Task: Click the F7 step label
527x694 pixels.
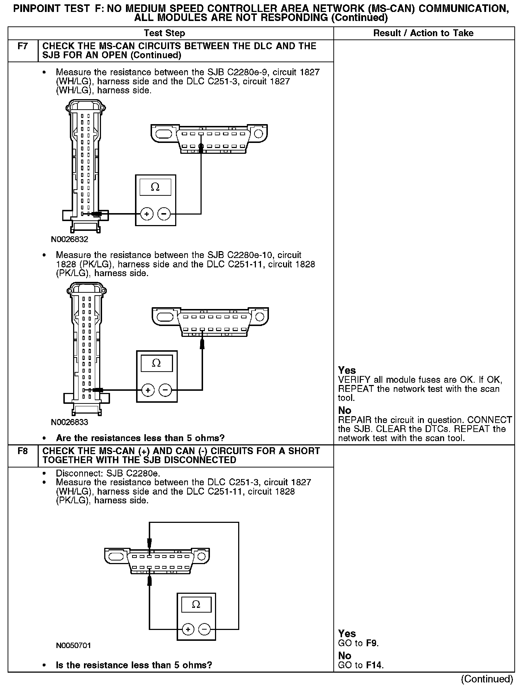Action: click(22, 46)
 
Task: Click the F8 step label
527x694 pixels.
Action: click(22, 451)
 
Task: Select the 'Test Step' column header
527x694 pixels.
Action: click(164, 33)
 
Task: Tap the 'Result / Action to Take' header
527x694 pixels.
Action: click(423, 33)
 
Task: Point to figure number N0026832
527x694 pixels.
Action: click(69, 240)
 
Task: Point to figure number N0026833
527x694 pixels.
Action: click(69, 422)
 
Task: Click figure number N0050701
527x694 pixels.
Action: click(73, 646)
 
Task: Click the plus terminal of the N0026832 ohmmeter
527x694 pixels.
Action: click(147, 214)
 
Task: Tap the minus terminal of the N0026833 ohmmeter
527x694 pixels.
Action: click(165, 390)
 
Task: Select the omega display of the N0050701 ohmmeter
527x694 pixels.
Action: click(196, 605)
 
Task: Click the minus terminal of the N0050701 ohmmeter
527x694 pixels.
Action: click(205, 630)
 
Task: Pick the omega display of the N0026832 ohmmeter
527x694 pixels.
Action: click(155, 187)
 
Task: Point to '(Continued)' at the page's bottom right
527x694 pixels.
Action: click(487, 679)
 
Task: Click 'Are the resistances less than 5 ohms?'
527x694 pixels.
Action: click(140, 438)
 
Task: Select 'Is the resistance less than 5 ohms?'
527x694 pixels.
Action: click(134, 665)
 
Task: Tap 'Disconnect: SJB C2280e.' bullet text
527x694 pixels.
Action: click(108, 473)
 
